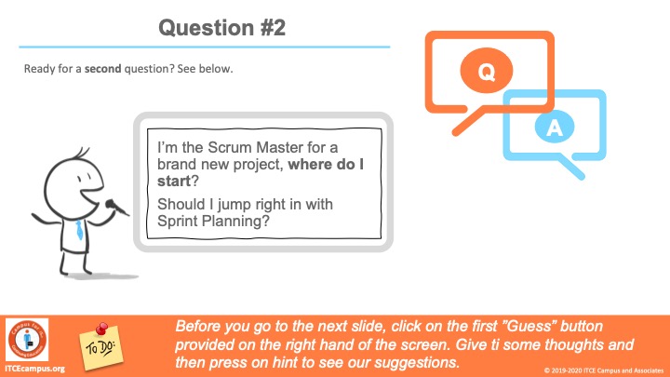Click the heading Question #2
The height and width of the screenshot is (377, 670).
[x=221, y=28]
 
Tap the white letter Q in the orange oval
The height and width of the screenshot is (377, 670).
[x=487, y=72]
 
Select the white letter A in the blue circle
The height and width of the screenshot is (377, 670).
[x=555, y=128]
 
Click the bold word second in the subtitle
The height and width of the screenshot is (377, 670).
[x=103, y=68]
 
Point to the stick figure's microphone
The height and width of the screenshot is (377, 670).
[x=116, y=208]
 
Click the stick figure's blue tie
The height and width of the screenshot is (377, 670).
[x=79, y=230]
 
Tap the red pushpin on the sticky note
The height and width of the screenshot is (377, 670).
[x=101, y=330]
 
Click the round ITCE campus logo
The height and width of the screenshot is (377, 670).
[x=27, y=340]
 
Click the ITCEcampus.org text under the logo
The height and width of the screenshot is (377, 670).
[x=34, y=369]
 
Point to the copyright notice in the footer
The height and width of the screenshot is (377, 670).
[x=604, y=370]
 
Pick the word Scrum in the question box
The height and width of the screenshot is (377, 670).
[x=231, y=147]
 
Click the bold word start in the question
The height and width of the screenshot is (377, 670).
[x=173, y=182]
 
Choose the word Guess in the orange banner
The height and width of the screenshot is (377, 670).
[x=529, y=326]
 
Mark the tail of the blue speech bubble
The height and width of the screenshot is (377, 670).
[x=571, y=168]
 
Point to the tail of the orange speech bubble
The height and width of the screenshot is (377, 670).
[x=468, y=122]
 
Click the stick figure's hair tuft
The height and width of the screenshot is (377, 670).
[x=82, y=153]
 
